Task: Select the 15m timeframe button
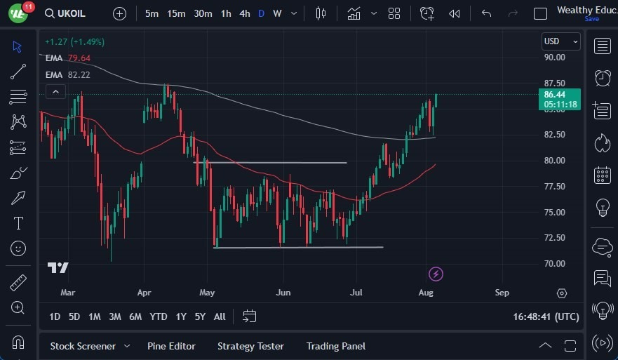[x=176, y=13]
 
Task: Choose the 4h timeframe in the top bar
[x=244, y=13]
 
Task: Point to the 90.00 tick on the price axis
[x=554, y=58]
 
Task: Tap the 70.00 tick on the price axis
[x=554, y=264]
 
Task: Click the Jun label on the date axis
[x=283, y=293]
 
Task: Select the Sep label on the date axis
[x=502, y=293]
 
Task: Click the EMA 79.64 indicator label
[x=68, y=58]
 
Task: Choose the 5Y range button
[x=200, y=316]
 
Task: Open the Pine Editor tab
[x=171, y=346]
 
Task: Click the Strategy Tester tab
[x=250, y=346]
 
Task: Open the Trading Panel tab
[x=335, y=346]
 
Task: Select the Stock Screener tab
[x=83, y=346]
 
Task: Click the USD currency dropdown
[x=561, y=41]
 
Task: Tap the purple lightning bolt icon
[x=436, y=274]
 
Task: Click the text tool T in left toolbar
[x=18, y=223]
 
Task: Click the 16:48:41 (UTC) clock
[x=546, y=317]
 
